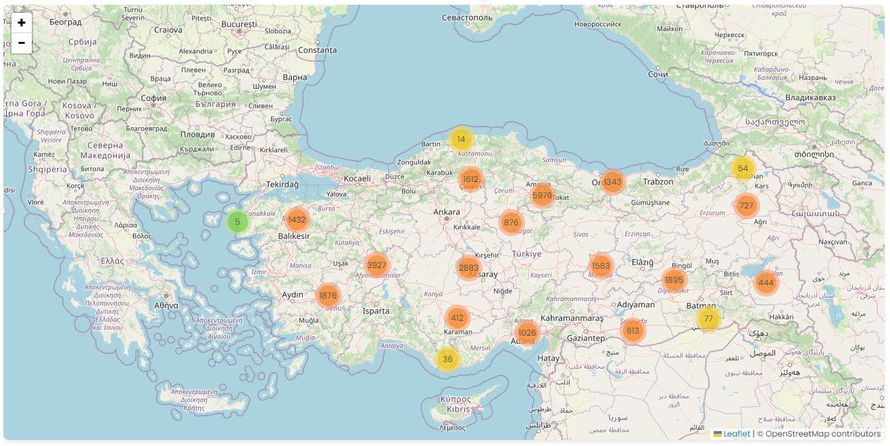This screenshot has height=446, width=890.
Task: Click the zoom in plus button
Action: [22, 23]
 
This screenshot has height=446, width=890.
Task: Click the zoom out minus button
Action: [22, 43]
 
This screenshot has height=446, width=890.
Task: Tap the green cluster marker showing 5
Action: [237, 221]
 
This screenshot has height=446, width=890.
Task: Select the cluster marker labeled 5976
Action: [542, 196]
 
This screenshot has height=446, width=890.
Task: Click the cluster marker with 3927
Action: [376, 265]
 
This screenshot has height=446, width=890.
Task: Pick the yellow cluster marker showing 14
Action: [461, 139]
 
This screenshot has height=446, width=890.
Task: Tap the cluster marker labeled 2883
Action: [468, 268]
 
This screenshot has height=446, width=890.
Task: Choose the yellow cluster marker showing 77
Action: [708, 319]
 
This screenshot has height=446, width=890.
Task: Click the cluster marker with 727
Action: [746, 206]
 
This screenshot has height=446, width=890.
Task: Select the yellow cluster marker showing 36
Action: [447, 359]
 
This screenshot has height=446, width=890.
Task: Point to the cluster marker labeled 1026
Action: [527, 332]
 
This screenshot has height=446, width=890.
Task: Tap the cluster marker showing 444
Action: [766, 283]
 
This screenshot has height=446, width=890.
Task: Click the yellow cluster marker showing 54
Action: [743, 169]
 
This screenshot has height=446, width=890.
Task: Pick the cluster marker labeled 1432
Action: [297, 220]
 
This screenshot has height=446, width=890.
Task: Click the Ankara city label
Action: [447, 212]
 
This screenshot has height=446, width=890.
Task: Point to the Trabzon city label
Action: [658, 181]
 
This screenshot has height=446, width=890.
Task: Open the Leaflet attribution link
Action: [737, 434]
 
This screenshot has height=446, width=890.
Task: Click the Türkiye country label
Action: [526, 254]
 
